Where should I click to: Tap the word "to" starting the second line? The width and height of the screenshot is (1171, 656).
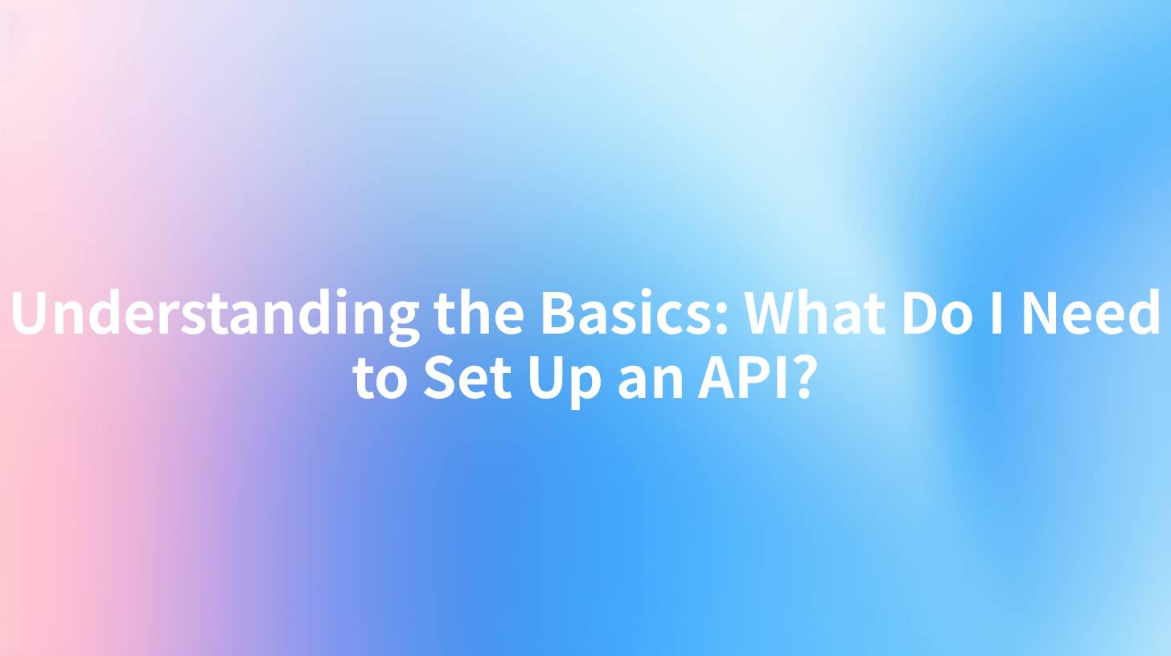point(381,379)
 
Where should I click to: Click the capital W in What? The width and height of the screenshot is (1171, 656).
point(772,314)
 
